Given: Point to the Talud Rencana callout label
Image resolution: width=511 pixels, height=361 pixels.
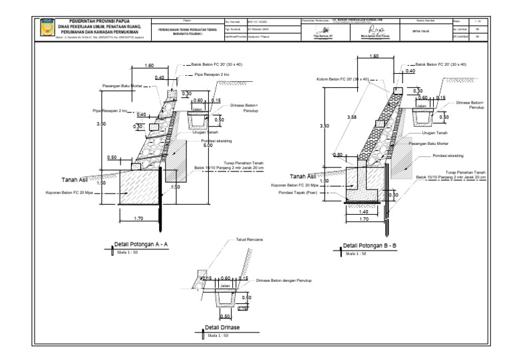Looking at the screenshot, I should (250, 239).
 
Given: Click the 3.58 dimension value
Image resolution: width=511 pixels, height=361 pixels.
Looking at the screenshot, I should (351, 117).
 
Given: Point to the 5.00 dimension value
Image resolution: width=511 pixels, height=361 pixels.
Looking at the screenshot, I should (208, 145).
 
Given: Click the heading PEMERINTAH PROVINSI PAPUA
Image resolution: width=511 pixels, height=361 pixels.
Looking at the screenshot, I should (99, 21).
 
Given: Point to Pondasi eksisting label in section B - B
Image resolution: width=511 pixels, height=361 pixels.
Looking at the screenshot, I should (447, 156).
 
